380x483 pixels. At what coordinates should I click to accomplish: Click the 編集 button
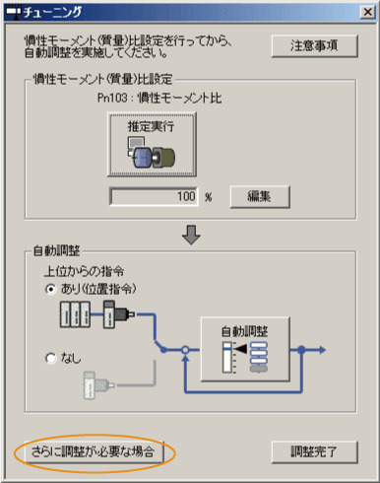[262, 196]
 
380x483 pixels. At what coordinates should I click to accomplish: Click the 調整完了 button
[314, 452]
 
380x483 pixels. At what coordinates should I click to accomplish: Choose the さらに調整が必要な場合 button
[95, 452]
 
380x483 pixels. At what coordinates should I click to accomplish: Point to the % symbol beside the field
[209, 197]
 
